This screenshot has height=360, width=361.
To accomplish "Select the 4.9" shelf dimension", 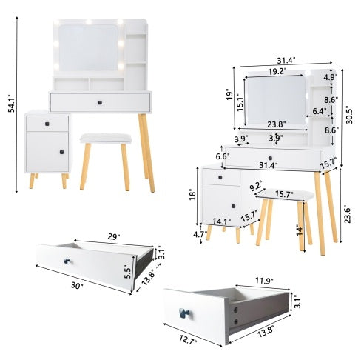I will click(x=330, y=76).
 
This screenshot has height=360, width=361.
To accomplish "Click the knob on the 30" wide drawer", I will click(x=72, y=261).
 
